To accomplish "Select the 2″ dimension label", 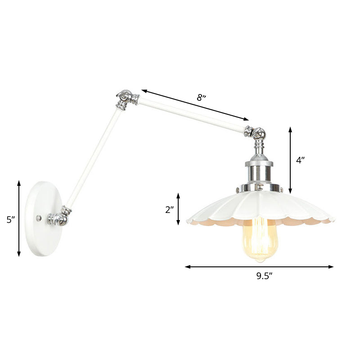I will pos(169,209).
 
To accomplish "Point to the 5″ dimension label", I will pos(10,220).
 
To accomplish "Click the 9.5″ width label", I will pos(262,277).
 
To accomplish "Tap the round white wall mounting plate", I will pos(41,219).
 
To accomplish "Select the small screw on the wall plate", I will pos(39,218).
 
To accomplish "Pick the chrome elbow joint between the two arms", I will pos(126,99).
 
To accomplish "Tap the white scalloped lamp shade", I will pos(261,207).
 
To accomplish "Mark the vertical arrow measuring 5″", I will pos(19,219).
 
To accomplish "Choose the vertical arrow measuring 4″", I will pos(291,160).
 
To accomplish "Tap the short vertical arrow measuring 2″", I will pos(179,209).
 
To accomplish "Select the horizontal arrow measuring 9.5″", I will pos(259,267).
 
